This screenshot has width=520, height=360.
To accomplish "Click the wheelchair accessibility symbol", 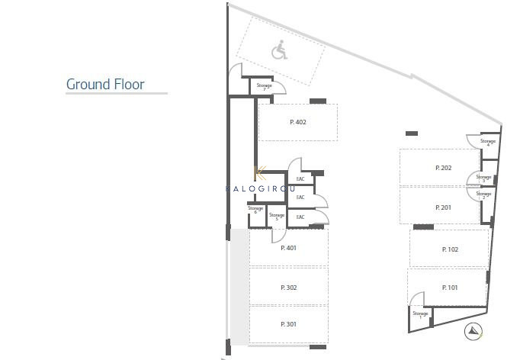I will (x=279, y=52).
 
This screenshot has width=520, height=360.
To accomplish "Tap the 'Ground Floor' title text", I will (x=105, y=84).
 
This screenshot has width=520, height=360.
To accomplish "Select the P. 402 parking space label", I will (x=297, y=122).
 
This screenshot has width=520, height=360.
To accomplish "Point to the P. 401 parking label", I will (x=288, y=247).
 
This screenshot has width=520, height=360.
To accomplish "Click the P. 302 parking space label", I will (x=288, y=287).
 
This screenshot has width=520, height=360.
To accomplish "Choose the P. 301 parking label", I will (x=288, y=324).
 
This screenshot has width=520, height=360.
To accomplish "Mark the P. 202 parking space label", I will (x=444, y=168).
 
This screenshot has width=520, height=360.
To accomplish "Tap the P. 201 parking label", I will (x=444, y=207).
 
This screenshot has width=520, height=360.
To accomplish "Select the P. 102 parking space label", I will (x=450, y=249).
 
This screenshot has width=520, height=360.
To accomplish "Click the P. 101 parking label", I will (x=450, y=287).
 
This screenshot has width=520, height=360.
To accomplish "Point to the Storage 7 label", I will (x=264, y=87).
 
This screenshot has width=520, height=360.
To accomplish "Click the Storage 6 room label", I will (x=255, y=209).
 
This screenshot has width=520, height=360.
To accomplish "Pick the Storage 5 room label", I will (x=277, y=217).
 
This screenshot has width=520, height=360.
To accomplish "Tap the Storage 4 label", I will (x=488, y=143).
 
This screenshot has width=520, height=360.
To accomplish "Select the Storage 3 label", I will (x=483, y=178).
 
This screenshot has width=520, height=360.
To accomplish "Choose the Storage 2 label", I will (x=483, y=195).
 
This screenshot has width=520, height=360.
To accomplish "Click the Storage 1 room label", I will (x=420, y=314).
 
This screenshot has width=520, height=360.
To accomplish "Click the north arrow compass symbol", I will (x=473, y=331).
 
